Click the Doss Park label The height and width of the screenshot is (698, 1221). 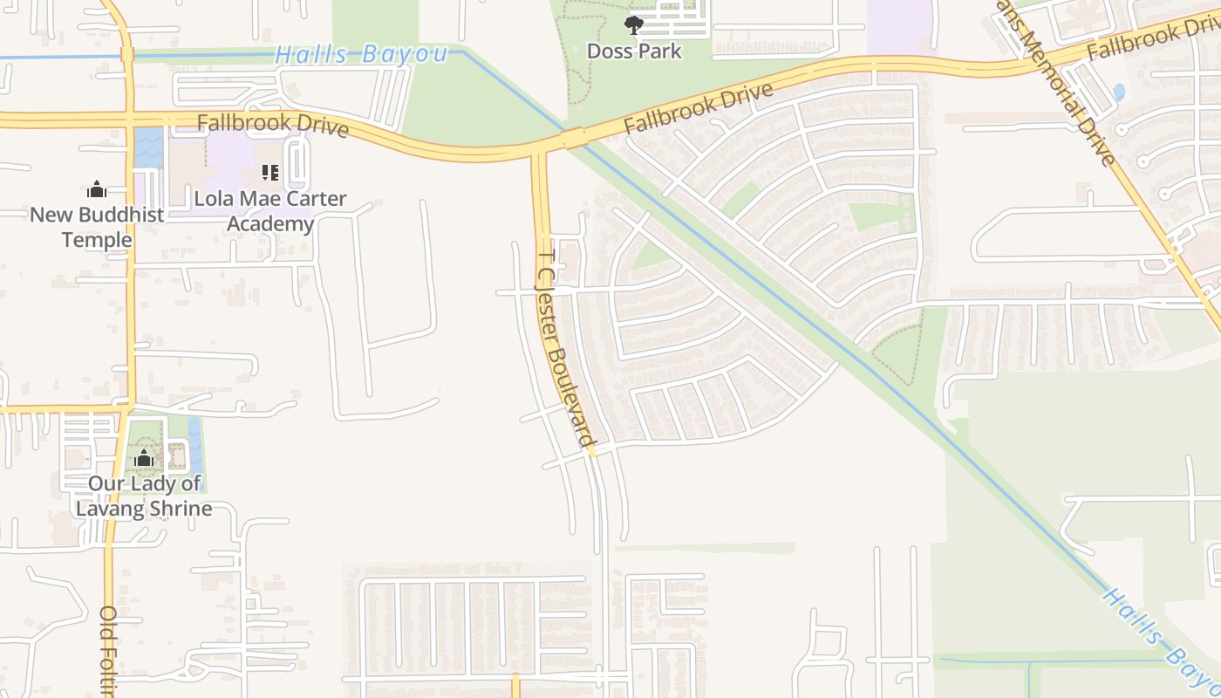coord(634,51)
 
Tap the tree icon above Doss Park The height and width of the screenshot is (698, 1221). coord(634,25)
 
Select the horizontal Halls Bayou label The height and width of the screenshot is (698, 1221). coord(361,54)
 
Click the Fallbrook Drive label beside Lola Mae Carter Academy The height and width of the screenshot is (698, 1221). coord(273,124)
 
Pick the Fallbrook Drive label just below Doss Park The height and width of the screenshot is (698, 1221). coord(699,109)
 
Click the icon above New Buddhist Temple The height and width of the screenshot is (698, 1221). coord(97,189)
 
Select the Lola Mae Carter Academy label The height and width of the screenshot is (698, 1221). coord(270,211)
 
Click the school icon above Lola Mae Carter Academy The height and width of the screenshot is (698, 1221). coord(270,173)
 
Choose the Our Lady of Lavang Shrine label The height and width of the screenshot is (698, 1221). coord(144,496)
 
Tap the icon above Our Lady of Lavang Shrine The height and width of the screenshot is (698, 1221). coord(144,458)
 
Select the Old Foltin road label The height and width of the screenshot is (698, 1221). coord(108,650)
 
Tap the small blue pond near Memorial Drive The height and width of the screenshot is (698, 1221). coord(1119,92)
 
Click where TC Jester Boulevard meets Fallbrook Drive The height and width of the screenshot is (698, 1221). coord(540,155)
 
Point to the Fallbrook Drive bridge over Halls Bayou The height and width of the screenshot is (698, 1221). coord(573,139)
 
